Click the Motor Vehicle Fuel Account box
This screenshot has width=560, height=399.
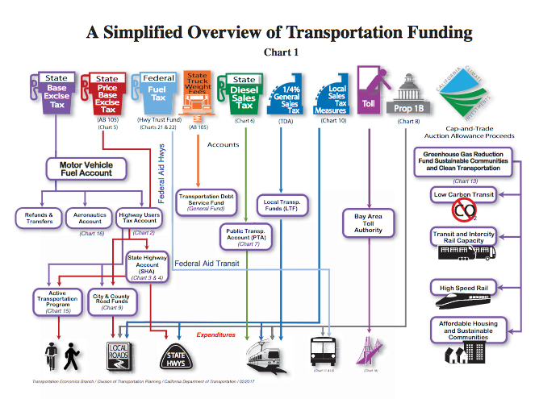click(85, 168)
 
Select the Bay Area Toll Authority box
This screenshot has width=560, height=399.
click(368, 223)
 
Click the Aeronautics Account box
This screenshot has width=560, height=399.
click(90, 218)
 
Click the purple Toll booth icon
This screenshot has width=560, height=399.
click(370, 91)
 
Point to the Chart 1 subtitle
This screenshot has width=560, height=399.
click(281, 52)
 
